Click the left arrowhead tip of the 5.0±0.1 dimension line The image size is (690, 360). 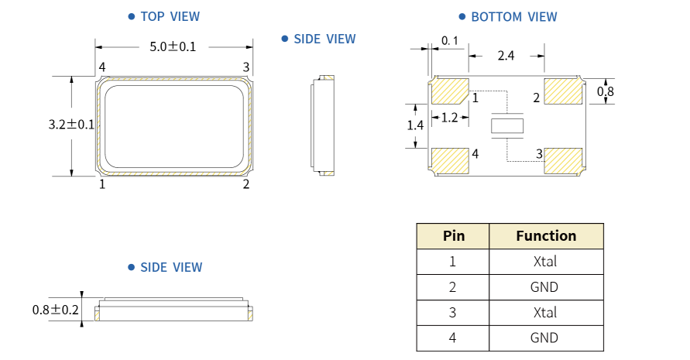[95, 47]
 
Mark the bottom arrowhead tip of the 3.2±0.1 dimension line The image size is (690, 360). [72, 176]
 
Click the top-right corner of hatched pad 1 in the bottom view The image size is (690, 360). [469, 79]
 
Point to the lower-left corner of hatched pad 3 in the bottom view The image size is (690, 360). [544, 173]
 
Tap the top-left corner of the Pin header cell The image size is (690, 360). [417, 224]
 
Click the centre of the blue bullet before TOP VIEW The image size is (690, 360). [131, 17]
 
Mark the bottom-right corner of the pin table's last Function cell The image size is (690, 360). [603, 351]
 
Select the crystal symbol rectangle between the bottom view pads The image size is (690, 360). [507, 126]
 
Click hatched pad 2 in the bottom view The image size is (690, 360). [563, 91]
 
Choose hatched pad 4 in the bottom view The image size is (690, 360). [450, 160]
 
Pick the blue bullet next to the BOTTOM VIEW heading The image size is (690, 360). [462, 17]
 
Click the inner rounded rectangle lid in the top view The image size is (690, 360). [174, 127]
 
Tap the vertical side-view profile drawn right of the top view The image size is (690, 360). [323, 125]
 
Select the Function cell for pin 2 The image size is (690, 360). [546, 287]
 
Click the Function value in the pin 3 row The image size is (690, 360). [545, 313]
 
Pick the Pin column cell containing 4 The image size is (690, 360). [453, 338]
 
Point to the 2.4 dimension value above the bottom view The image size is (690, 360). [506, 56]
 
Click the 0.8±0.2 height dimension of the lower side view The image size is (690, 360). [56, 310]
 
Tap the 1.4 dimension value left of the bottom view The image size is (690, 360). [415, 126]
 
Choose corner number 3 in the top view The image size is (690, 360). [246, 67]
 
